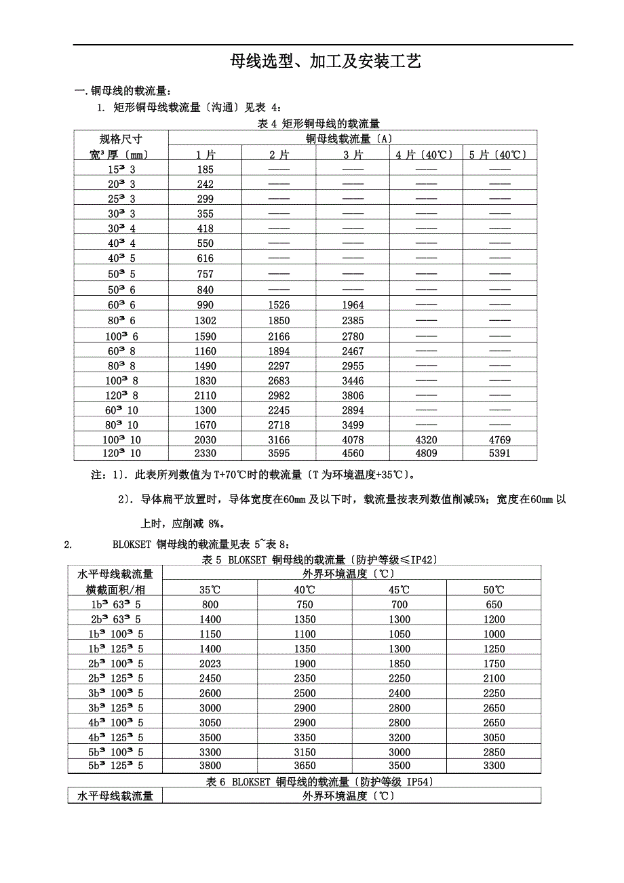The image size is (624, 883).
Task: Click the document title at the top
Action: [x=326, y=62]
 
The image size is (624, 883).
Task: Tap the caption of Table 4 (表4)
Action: [x=319, y=123]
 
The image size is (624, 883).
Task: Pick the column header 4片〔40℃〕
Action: [x=425, y=155]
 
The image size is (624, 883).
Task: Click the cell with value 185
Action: [x=205, y=170]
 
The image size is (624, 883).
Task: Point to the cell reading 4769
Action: [x=499, y=440]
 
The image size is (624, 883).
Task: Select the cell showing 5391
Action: [x=499, y=454]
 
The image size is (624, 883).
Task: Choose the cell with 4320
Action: [x=426, y=440]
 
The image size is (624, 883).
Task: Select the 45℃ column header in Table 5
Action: [x=399, y=589]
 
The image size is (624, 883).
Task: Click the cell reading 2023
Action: [x=210, y=663]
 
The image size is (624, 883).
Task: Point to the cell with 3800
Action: [x=210, y=766]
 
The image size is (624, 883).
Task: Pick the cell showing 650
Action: [x=494, y=604]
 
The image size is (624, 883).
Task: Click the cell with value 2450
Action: [x=210, y=678]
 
